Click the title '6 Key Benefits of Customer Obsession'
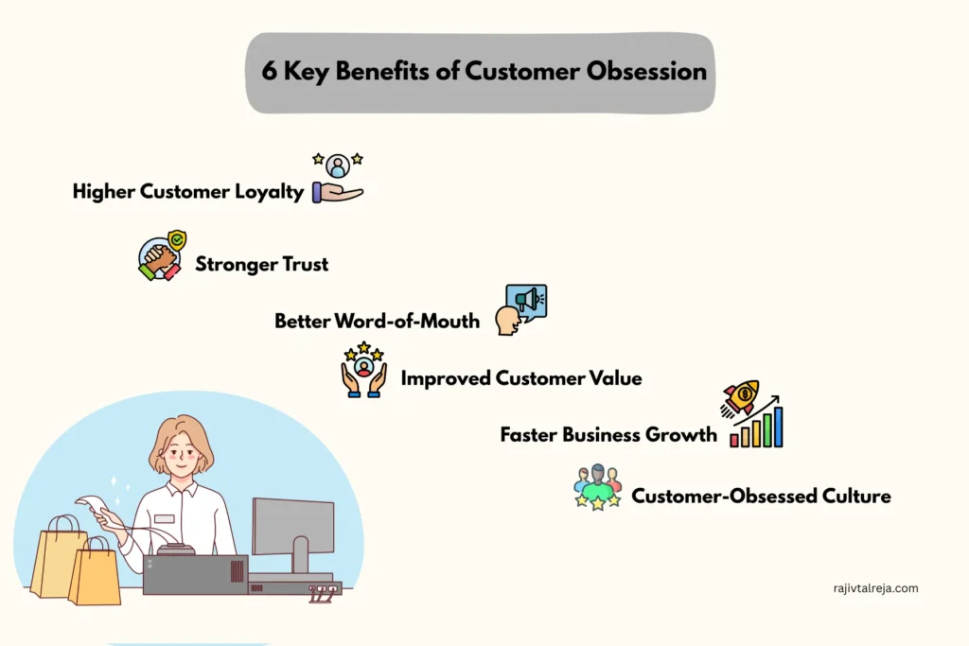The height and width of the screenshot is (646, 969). pos(484,72)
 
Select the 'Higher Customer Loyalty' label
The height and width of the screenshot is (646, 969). pos(188,192)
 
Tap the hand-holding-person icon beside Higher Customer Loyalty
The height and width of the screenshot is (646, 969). pos(338,179)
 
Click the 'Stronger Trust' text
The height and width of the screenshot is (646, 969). pos(262,264)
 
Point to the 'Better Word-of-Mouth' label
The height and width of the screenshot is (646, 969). pos(377,322)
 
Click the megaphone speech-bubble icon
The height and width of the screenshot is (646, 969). pos(525,302)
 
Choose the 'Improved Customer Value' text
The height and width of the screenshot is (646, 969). pos(521,378)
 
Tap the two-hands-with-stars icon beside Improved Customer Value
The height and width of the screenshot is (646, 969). pos(363,370)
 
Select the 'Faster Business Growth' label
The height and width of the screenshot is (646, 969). pos(608,435)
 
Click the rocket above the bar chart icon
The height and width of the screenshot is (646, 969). pos(740,397)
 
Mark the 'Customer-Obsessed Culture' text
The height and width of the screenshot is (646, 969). pos(761,496)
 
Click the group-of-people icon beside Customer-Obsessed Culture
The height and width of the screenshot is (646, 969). pos(597,487)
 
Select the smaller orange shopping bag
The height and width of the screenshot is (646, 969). pos(95,572)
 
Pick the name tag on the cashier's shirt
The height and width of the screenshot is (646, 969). pos(165,518)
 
